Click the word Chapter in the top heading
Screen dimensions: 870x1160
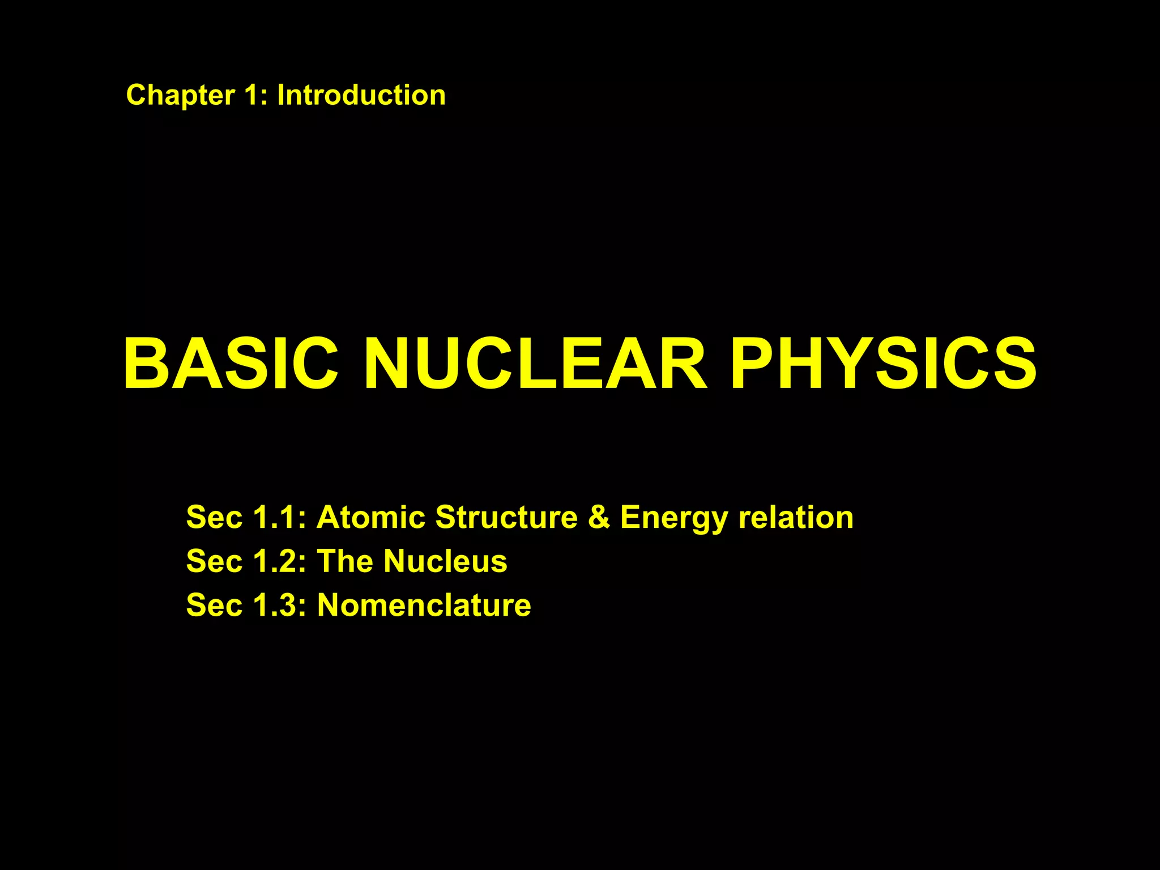coord(180,95)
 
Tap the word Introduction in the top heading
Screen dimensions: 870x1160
coord(361,95)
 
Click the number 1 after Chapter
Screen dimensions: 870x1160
coord(253,95)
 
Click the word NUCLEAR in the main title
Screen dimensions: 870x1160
coord(535,364)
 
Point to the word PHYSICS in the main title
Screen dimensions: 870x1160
coord(884,364)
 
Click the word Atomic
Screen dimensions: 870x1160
coord(370,517)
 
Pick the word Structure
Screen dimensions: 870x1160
coord(506,517)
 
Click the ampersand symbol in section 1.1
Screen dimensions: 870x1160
coord(599,517)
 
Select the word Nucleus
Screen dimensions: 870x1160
coord(445,561)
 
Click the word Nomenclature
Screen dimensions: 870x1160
coord(424,605)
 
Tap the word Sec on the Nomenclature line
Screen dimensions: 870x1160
coord(214,605)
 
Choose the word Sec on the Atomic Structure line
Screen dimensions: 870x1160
coord(214,517)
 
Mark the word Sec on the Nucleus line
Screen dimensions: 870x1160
coord(214,561)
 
